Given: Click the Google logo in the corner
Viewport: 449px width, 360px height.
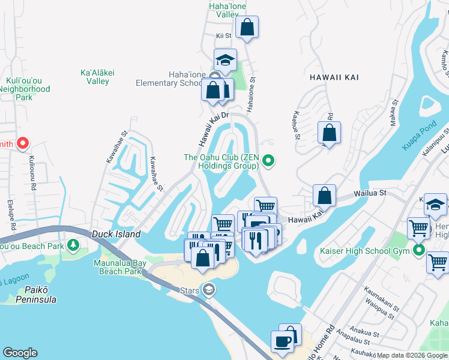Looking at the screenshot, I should click(20, 353).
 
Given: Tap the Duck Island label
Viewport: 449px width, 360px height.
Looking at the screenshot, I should click(116, 234).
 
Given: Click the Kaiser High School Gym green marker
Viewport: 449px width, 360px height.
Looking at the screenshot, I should click(420, 250).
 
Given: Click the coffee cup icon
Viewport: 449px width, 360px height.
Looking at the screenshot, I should click(282, 341).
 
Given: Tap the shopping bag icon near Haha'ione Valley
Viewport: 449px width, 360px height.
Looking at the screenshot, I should click(247, 27).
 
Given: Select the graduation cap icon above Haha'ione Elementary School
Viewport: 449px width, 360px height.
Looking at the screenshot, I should click(225, 60).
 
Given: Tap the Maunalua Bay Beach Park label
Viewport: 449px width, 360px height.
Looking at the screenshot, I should click(118, 267).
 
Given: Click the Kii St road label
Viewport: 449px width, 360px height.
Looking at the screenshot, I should click(223, 36).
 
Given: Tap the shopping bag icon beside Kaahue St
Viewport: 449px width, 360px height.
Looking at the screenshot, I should click(329, 133).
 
